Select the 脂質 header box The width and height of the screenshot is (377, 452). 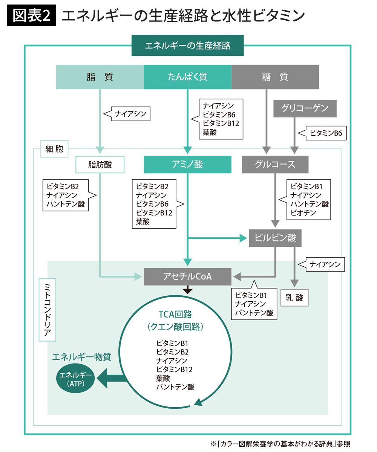point(100,77)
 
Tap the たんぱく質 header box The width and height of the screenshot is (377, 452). point(187,77)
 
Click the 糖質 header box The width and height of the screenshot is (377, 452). point(275,77)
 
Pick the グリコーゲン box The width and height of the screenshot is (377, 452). point(305,108)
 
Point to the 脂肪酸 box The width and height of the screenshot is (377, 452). point(100,165)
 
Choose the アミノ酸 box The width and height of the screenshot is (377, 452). point(187,165)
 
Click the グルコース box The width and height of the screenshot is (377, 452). point(275,165)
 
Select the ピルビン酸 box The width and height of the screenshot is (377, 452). point(275,238)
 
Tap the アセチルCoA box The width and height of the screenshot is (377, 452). point(187,276)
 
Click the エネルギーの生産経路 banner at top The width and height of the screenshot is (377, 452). point(187,46)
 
